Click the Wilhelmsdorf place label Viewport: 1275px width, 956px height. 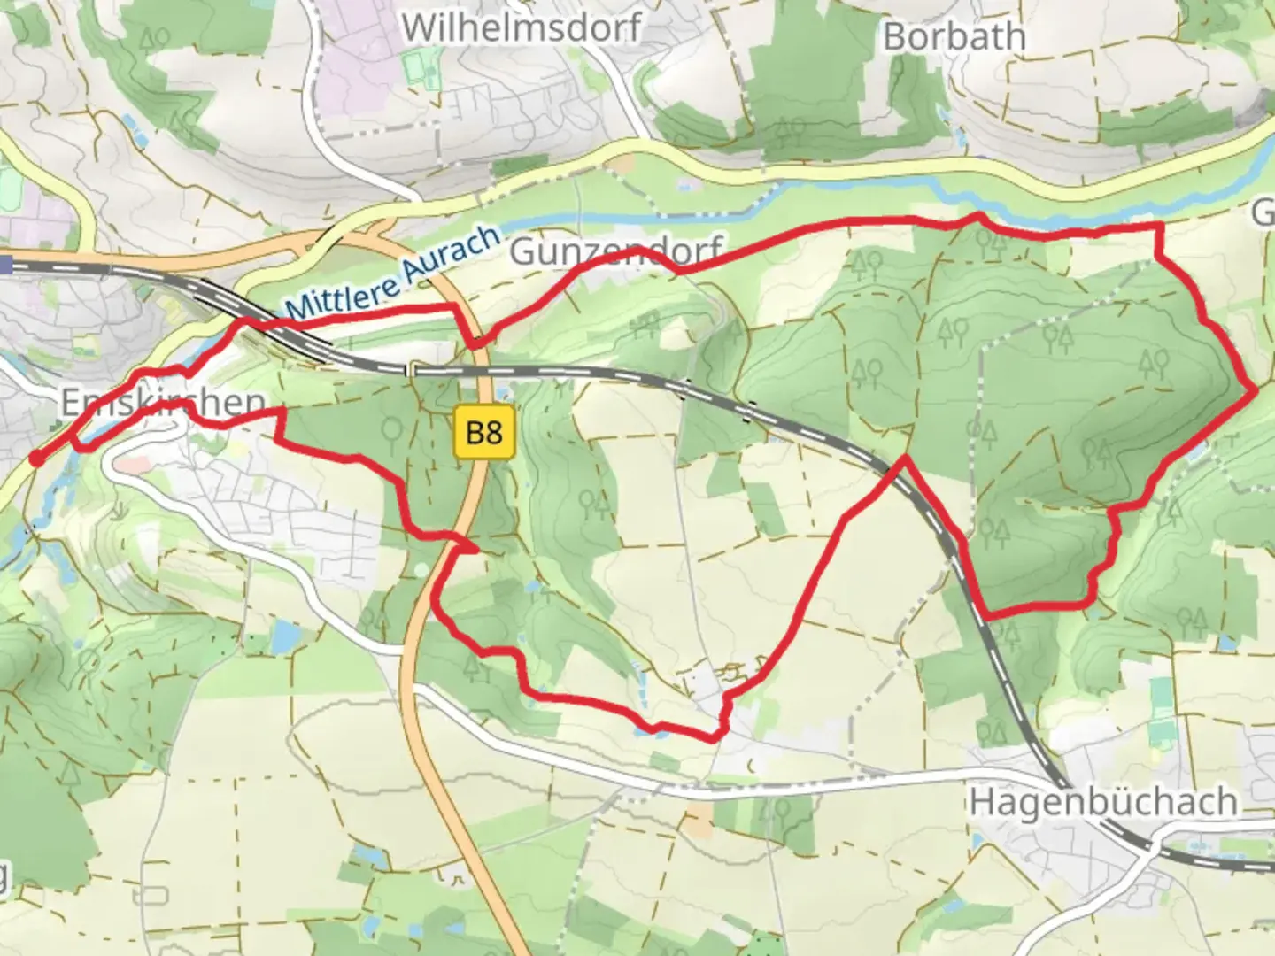[521, 27]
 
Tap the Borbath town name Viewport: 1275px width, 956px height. [954, 36]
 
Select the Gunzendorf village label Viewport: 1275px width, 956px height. [616, 252]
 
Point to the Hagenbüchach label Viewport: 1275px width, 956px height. [1102, 802]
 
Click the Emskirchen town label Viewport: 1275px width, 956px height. [151, 403]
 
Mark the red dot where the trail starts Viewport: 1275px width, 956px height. [36, 458]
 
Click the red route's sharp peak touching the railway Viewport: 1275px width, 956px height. [904, 458]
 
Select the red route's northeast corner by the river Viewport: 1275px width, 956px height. [1157, 228]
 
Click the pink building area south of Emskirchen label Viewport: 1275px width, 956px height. [131, 463]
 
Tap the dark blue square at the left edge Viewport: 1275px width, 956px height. [5, 263]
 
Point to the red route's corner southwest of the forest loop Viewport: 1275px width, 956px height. [985, 613]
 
